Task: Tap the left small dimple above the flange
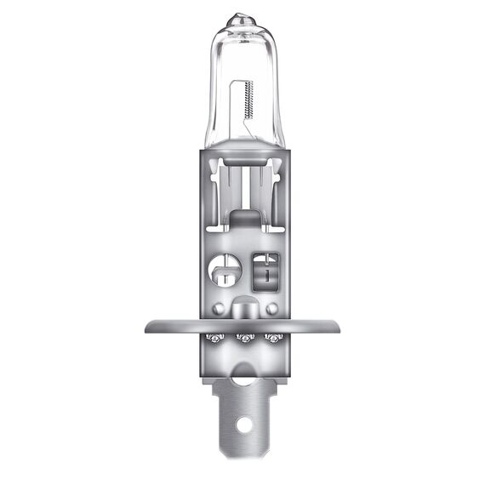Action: coord(219,307)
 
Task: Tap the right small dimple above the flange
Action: coord(271,307)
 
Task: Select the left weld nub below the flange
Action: coord(215,339)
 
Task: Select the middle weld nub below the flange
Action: coord(245,339)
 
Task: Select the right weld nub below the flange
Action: coord(274,339)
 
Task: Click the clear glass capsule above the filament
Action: coord(242,51)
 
